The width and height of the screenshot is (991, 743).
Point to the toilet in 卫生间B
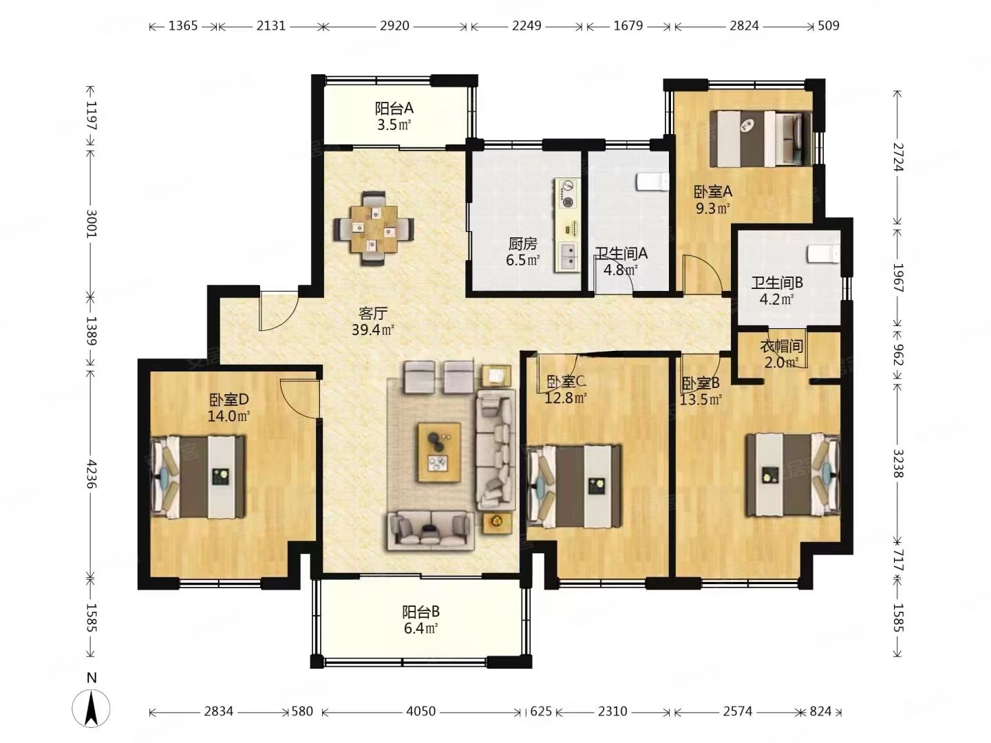[x=824, y=255]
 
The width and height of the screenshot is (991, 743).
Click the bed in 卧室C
[x=574, y=486]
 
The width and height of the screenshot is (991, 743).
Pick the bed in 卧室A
[x=760, y=139]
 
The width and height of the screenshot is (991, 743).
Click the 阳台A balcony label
[x=394, y=108]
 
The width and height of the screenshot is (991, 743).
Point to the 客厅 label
[x=373, y=313]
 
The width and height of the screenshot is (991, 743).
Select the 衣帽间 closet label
[x=782, y=346]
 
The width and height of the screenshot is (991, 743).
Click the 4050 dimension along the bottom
[x=420, y=711]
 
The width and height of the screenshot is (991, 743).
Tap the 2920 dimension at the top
[x=394, y=25]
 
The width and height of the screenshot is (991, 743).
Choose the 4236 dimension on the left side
[x=92, y=474]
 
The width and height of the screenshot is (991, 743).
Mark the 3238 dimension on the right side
[x=897, y=464]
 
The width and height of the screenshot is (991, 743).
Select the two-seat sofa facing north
[x=431, y=530]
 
